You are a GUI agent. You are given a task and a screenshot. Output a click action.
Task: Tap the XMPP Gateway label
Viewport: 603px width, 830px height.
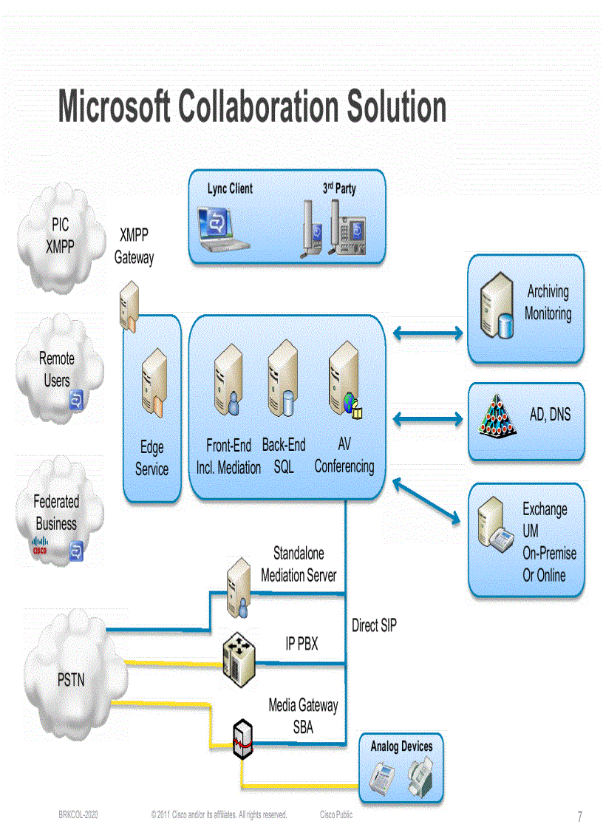134,246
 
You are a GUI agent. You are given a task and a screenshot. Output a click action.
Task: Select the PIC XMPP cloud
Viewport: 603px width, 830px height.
59,237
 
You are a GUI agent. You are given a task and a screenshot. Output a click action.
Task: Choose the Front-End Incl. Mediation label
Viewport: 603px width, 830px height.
228,456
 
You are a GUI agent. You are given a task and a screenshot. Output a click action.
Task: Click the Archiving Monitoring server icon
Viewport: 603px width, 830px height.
496,307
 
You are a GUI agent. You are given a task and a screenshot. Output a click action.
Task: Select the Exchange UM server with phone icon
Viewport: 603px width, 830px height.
496,526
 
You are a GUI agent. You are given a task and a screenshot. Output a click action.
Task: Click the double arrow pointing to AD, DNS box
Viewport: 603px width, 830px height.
427,419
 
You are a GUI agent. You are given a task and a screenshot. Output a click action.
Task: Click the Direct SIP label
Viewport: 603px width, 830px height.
374,625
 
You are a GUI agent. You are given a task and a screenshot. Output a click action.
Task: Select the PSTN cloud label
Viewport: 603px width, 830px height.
71,679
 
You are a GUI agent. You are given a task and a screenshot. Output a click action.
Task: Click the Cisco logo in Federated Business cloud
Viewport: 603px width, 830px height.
40,546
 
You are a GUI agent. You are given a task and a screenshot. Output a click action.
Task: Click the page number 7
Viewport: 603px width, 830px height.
579,817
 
